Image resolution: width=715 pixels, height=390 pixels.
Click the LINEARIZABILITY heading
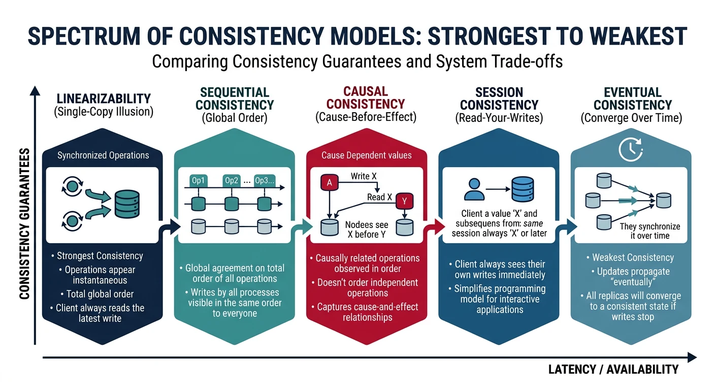click(103, 98)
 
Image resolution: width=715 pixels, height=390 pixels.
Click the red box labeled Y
click(404, 201)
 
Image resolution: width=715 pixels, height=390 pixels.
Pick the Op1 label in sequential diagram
click(198, 181)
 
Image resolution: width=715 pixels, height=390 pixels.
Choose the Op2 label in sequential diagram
click(232, 181)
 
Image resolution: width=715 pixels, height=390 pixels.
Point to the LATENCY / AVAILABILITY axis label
click(613, 369)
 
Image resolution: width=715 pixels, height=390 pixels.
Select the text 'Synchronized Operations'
click(103, 155)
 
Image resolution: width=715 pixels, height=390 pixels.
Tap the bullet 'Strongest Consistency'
click(100, 256)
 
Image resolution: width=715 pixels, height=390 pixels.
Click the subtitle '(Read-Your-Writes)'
click(499, 118)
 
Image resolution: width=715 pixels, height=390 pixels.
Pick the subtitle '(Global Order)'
click(235, 118)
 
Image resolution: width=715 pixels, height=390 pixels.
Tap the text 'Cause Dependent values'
click(367, 155)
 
